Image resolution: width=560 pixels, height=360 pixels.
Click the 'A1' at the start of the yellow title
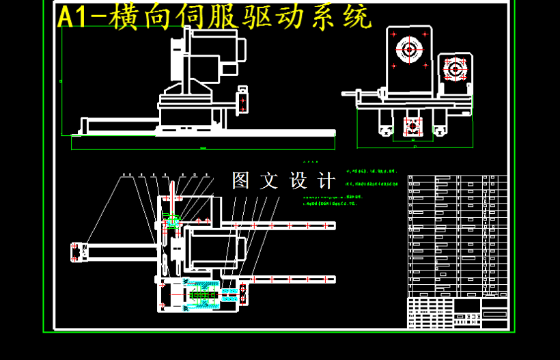[73, 18]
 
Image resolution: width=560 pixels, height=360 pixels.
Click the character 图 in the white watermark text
[241, 181]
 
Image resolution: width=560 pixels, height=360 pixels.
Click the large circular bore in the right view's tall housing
[409, 49]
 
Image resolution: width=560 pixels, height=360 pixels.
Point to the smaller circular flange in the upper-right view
[454, 68]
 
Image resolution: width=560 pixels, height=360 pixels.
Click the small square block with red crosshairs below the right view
[412, 126]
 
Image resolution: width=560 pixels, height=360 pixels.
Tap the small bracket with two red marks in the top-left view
[242, 100]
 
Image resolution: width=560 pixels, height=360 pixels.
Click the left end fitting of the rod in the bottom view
[78, 252]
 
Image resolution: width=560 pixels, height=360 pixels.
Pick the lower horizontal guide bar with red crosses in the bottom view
[287, 279]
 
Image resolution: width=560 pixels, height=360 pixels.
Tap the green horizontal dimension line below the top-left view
[203, 147]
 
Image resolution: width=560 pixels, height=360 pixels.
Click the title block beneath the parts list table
[458, 313]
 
